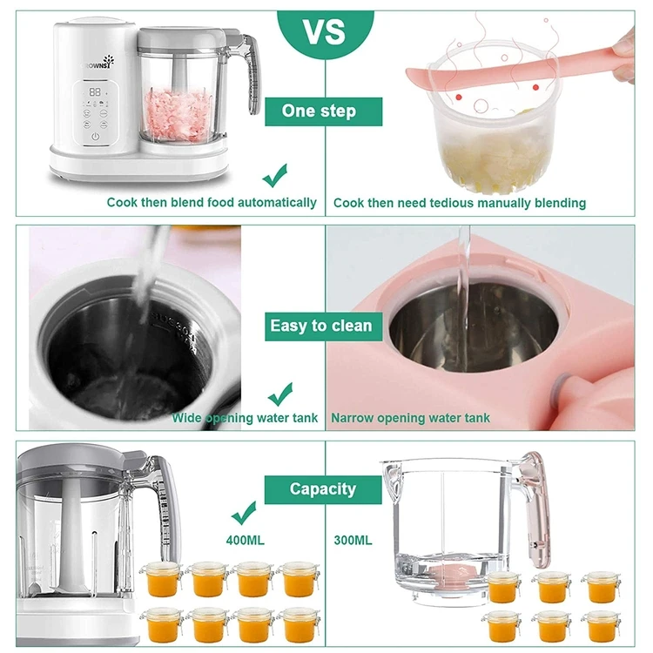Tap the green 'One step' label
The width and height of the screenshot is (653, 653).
tap(319, 111)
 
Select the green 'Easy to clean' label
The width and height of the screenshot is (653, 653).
tap(320, 326)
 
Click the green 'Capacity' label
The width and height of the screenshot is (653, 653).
tap(322, 489)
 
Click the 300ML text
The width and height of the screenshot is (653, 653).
tap(353, 541)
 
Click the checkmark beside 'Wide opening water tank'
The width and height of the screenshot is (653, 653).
tap(279, 394)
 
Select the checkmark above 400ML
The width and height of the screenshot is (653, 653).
tap(243, 510)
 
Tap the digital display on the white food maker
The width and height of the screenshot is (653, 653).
tap(96, 91)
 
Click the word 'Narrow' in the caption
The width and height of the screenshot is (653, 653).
tap(353, 418)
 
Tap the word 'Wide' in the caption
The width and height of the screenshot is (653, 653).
tap(186, 418)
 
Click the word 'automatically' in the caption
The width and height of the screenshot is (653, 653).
tap(275, 203)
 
